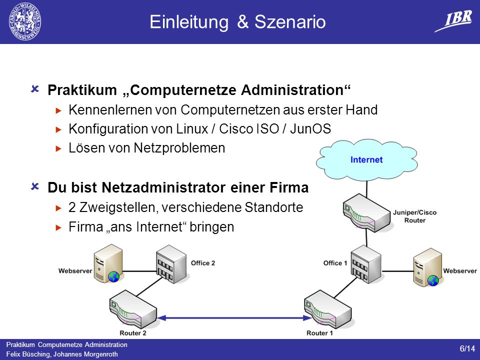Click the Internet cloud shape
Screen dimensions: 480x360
366,159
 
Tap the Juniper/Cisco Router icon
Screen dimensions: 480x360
366,213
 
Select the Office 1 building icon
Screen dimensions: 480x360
366,264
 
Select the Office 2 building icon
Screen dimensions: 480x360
171,264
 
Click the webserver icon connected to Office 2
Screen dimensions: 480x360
108,263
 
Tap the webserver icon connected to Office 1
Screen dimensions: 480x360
427,267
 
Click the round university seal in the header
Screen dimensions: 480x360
25,21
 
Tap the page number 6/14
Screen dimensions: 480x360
467,348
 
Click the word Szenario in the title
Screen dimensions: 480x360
290,22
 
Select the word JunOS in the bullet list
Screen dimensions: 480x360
310,129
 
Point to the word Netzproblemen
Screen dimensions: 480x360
179,148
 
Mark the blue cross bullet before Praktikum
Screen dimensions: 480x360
35,89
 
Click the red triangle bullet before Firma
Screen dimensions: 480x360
59,227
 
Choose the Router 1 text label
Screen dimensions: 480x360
319,333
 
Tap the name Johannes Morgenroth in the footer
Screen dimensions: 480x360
85,354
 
